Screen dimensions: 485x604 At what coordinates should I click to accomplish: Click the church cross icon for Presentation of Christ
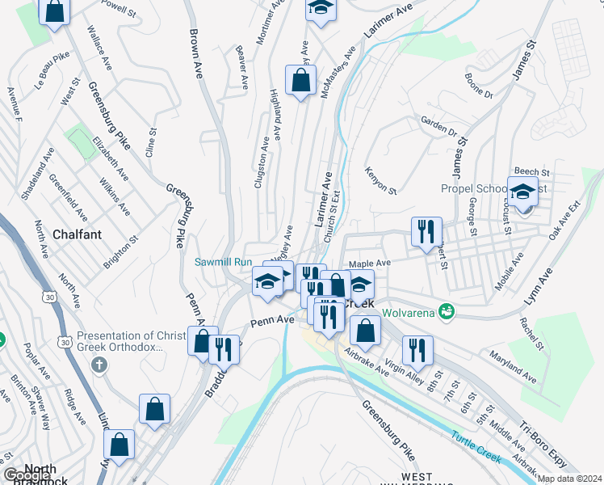(99, 365)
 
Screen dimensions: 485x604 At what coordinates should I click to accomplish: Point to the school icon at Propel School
(522, 192)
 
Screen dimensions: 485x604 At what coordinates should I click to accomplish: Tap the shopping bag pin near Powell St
(55, 11)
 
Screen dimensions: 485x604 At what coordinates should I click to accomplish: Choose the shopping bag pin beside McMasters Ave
(300, 81)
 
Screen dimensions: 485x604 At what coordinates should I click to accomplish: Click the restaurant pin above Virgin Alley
(417, 349)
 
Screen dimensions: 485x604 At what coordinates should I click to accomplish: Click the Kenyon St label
(380, 180)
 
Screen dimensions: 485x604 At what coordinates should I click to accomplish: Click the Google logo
(27, 476)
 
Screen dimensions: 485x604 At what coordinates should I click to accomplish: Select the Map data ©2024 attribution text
(570, 479)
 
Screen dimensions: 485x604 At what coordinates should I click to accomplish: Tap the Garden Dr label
(438, 126)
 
